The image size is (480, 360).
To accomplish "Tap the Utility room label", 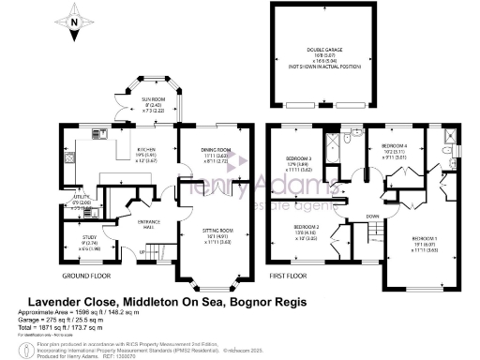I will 82,201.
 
